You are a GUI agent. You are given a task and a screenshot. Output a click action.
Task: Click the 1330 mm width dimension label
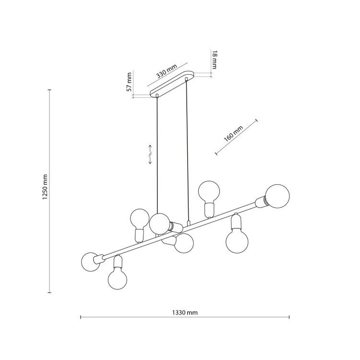pyautogui.click(x=185, y=312)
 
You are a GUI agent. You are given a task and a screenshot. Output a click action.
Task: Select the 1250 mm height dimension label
pyautogui.click(x=45, y=187)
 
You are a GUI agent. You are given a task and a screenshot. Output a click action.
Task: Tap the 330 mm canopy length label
pyautogui.click(x=167, y=71)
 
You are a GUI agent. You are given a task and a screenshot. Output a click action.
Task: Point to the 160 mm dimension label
pyautogui.click(x=233, y=133)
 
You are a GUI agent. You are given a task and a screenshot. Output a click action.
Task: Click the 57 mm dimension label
pyautogui.click(x=129, y=82)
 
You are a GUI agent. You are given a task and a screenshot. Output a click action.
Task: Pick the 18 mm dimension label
pyautogui.click(x=214, y=60)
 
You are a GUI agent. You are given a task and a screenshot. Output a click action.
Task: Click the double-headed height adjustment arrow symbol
pyautogui.click(x=150, y=154)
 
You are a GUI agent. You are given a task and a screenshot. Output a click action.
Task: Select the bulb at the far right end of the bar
pyautogui.click(x=277, y=196)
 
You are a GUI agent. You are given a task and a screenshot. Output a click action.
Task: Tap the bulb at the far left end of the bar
pyautogui.click(x=91, y=262)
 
